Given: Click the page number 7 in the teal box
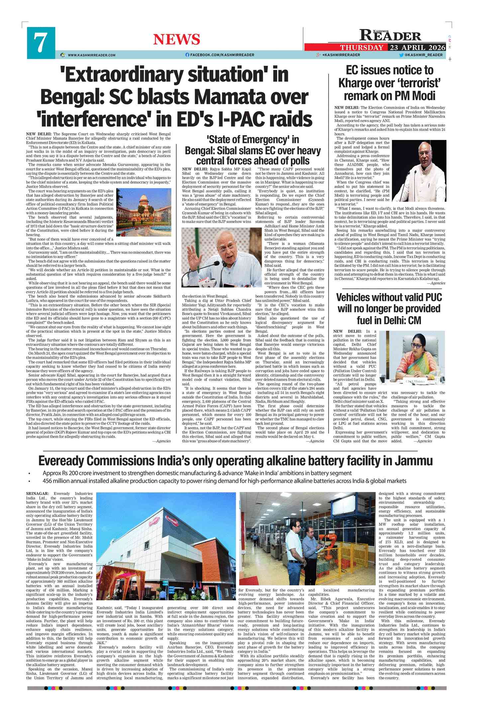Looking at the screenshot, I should click(40, 43).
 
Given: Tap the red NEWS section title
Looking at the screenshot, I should click(176, 40).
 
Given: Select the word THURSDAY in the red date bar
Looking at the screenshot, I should click(361, 48).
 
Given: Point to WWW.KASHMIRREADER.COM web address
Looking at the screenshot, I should click(91, 55).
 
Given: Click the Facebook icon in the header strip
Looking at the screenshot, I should click(187, 55).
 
